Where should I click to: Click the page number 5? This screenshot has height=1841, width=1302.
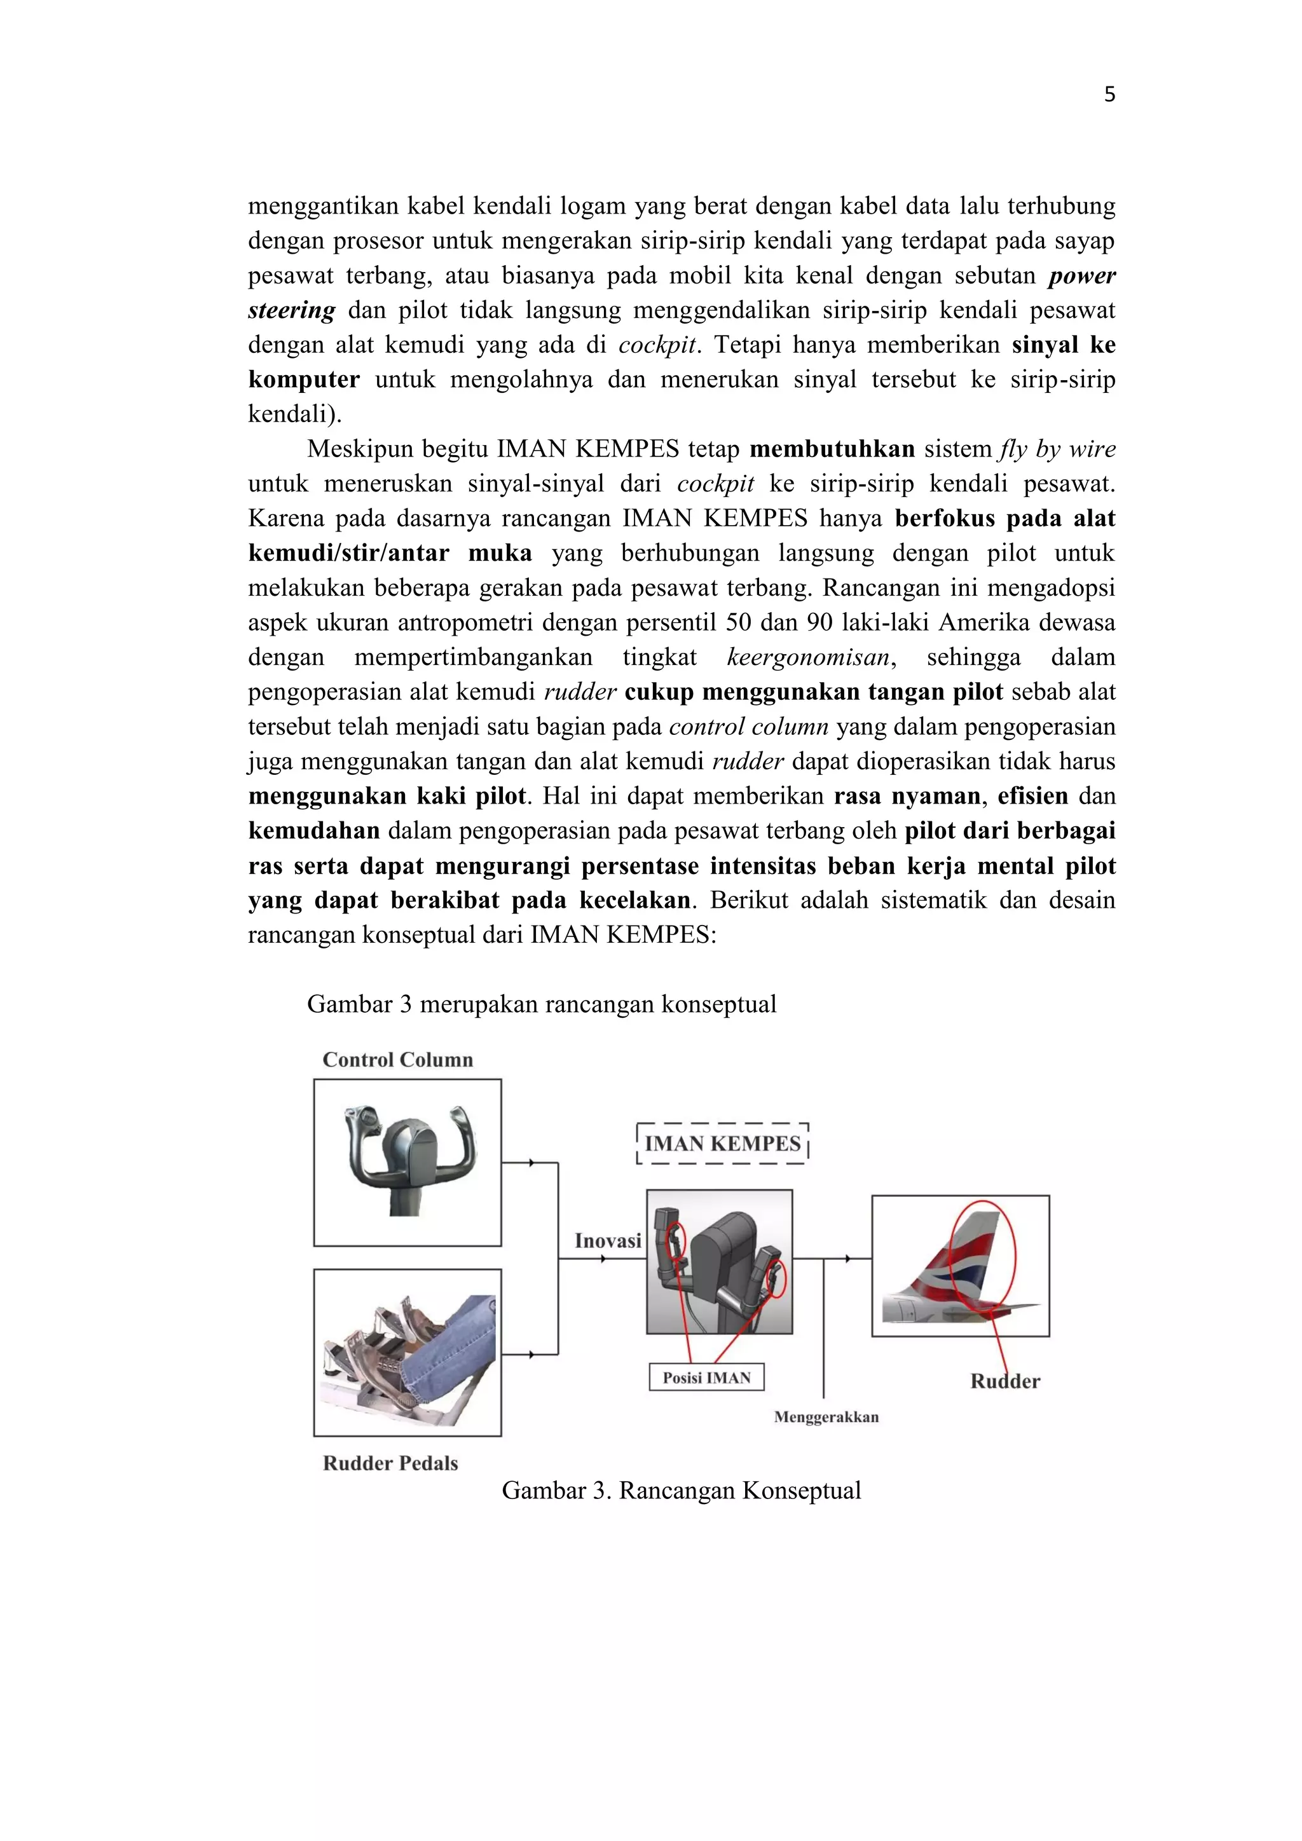1109,95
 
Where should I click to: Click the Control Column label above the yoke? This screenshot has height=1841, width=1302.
397,1059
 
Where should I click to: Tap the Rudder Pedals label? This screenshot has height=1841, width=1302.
390,1463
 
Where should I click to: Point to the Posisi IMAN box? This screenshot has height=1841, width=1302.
706,1378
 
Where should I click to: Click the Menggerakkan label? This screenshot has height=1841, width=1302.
826,1417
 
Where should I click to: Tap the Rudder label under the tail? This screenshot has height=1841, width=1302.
1004,1381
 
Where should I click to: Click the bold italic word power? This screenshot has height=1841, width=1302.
1081,276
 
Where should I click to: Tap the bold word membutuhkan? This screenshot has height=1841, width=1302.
832,449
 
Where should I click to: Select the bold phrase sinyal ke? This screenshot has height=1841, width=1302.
1063,345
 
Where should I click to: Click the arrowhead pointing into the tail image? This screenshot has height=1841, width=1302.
848,1259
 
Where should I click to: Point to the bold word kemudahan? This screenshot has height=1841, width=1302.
313,831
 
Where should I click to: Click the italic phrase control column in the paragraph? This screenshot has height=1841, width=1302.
748,727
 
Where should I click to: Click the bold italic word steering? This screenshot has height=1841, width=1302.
291,310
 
